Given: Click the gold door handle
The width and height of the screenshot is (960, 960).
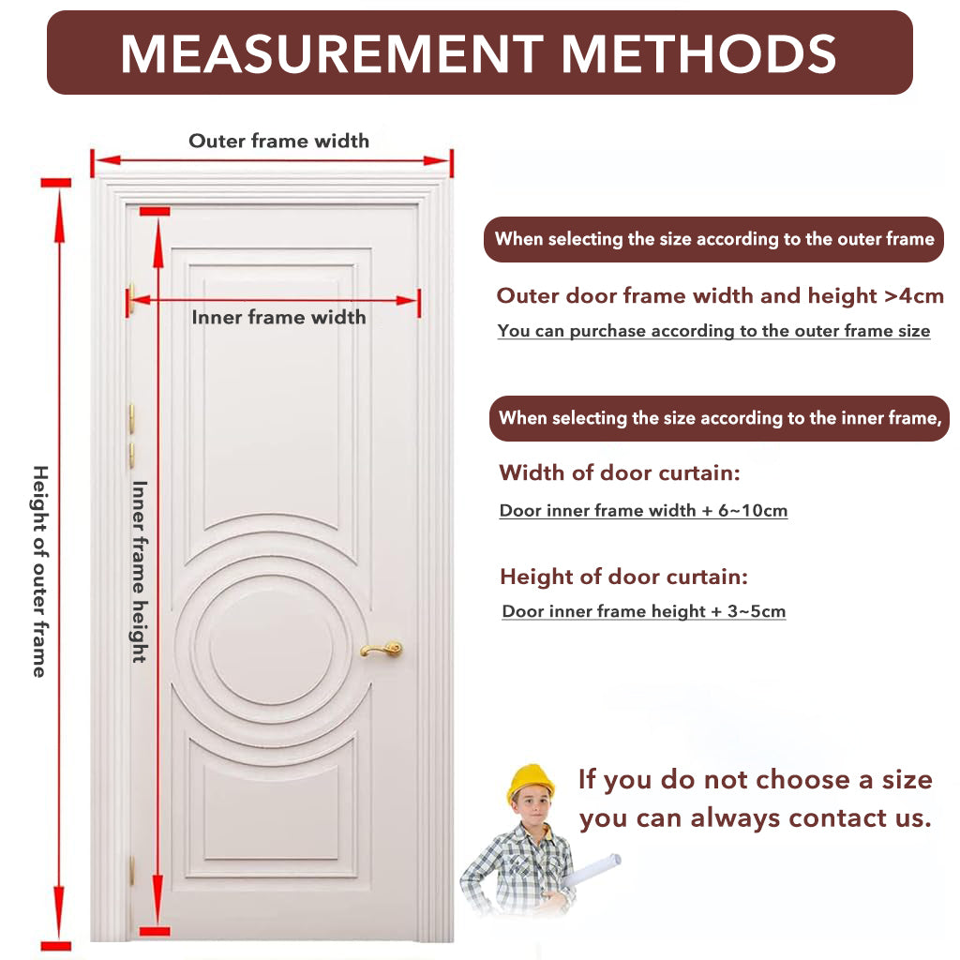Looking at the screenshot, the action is click(x=382, y=649).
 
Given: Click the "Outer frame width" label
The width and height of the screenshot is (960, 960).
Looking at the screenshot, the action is click(x=278, y=141).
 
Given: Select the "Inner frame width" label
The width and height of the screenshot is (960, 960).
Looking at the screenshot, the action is click(x=278, y=317).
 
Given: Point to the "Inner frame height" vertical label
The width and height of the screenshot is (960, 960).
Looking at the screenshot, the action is click(x=140, y=572).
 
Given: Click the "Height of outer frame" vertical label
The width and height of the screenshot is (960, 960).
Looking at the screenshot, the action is click(x=39, y=571).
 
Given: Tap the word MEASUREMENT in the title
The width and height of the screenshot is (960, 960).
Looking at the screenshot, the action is click(x=332, y=53).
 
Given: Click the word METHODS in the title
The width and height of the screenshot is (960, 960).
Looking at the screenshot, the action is click(x=698, y=53).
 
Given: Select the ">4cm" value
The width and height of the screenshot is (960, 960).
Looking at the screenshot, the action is click(x=915, y=296).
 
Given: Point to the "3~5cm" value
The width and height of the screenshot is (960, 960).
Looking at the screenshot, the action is click(x=757, y=611).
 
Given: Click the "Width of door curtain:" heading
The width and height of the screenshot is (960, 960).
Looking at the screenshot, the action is click(x=620, y=472).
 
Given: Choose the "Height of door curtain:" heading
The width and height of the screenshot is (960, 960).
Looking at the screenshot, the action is click(x=623, y=577).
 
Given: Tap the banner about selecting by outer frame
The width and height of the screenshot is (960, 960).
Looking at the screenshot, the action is click(x=713, y=239).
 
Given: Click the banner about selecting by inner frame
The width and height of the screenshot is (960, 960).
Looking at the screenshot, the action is click(x=719, y=418).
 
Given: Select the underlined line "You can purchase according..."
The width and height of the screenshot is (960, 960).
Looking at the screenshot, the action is click(x=713, y=331).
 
